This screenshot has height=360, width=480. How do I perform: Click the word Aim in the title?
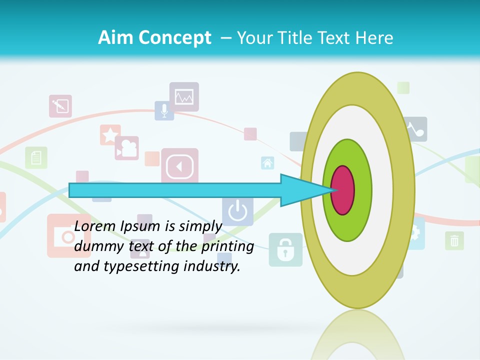[115, 38]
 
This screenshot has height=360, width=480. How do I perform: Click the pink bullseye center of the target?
[343, 190]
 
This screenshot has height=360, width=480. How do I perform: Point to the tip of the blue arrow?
[332, 190]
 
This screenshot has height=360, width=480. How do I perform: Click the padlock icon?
[285, 249]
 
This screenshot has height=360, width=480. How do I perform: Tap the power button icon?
[237, 211]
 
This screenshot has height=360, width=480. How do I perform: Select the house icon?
[267, 163]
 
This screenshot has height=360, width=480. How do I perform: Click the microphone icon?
[164, 110]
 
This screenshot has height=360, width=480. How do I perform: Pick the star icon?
[110, 135]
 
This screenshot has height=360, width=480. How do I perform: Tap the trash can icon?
[454, 240]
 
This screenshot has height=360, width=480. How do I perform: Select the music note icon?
[416, 129]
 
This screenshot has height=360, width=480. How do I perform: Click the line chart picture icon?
[184, 96]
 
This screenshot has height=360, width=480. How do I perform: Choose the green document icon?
[36, 158]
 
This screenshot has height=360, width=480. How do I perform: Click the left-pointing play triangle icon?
[179, 166]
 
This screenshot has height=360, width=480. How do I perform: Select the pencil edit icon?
[60, 106]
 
